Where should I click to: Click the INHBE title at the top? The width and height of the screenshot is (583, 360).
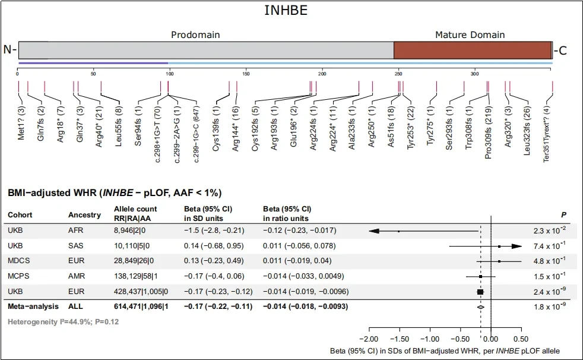click(290, 12)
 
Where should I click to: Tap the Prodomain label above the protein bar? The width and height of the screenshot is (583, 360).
click(195, 34)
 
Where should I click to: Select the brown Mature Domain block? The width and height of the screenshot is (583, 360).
click(473, 50)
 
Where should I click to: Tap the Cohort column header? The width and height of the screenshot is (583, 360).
click(20, 214)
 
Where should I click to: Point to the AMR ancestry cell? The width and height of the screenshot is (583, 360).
click(77, 276)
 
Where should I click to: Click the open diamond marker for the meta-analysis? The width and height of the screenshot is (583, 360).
click(481, 307)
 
